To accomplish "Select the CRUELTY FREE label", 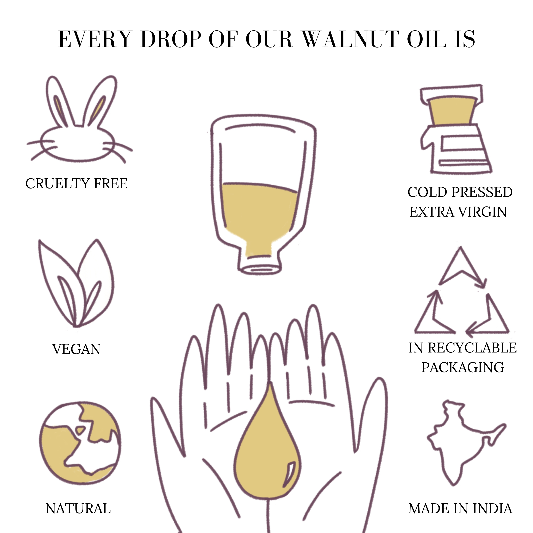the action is point(77,184).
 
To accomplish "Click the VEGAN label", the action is point(76,349).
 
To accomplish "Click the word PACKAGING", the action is point(463,367).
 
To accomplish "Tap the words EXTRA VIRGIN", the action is point(458,212).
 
